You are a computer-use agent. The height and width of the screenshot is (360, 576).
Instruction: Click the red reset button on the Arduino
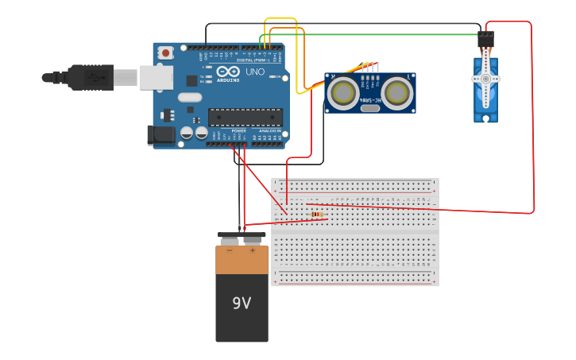(x=165, y=52)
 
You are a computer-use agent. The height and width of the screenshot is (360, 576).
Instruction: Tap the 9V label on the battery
(x=242, y=303)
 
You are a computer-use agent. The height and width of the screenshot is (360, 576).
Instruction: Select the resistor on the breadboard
(x=317, y=215)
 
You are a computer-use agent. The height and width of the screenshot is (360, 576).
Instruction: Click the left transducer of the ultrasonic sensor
(x=344, y=93)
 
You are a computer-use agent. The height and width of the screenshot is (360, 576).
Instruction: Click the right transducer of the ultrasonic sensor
(x=396, y=93)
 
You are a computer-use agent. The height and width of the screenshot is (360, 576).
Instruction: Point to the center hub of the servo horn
(x=485, y=79)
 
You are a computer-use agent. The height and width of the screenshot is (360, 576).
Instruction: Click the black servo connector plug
(x=485, y=38)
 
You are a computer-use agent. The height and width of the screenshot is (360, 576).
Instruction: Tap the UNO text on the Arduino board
(x=255, y=72)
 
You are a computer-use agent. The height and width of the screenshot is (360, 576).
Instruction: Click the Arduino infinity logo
(x=228, y=72)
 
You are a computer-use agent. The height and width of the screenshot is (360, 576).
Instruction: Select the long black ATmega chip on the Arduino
(x=245, y=118)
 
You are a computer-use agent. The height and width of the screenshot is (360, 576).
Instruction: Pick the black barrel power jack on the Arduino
(x=162, y=135)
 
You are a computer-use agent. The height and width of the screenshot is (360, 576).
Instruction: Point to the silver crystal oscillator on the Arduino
(x=190, y=97)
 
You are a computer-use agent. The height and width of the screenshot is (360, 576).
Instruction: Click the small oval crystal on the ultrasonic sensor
(x=370, y=108)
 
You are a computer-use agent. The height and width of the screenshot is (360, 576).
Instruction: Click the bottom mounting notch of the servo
(x=485, y=118)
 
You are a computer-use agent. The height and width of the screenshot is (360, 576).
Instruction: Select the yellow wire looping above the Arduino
(x=280, y=18)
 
